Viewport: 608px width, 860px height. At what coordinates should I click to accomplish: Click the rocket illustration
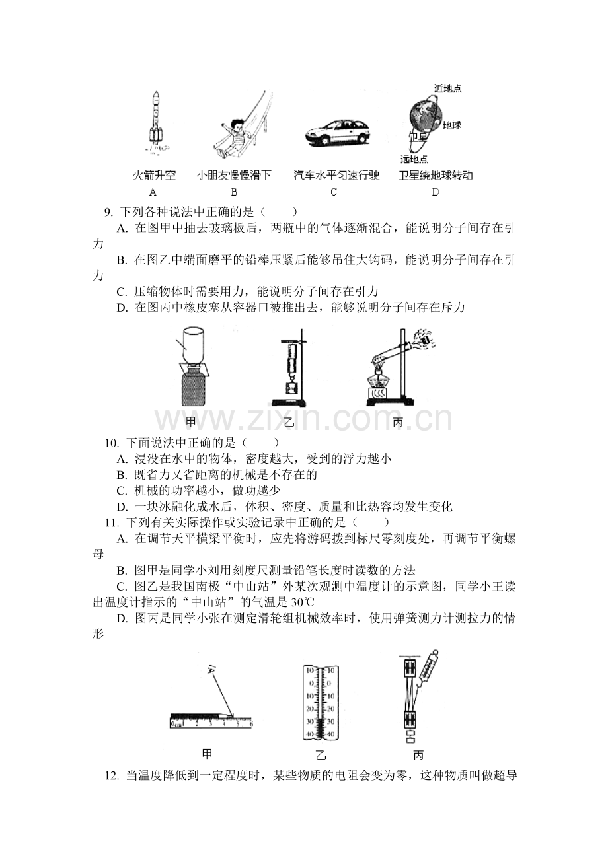coord(155,122)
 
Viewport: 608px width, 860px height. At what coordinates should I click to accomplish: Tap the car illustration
coord(338,132)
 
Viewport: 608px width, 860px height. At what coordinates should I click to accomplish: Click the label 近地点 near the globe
coord(448,89)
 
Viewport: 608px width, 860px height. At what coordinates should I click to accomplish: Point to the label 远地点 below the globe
coord(414,159)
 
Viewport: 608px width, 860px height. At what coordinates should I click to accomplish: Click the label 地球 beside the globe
coord(451,125)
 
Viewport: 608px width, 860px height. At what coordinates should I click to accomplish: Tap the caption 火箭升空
coord(154,176)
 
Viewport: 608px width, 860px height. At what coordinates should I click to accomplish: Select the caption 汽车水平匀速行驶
coord(336,176)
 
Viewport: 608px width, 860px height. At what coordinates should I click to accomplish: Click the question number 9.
coord(108,212)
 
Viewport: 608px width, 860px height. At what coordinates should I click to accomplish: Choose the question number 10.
coord(111,443)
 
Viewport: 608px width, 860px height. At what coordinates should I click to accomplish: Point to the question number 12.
coord(111,776)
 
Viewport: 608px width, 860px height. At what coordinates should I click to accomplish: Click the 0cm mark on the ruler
coord(176,724)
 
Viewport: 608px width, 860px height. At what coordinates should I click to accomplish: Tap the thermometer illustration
coord(321,702)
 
